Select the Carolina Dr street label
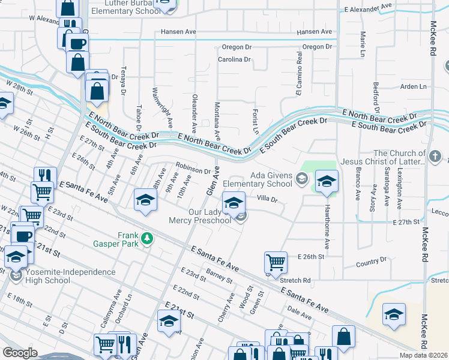(234, 59)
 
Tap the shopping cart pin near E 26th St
(275, 262)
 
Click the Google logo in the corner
(20, 353)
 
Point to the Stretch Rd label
(295, 280)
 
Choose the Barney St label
(218, 276)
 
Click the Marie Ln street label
(363, 46)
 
